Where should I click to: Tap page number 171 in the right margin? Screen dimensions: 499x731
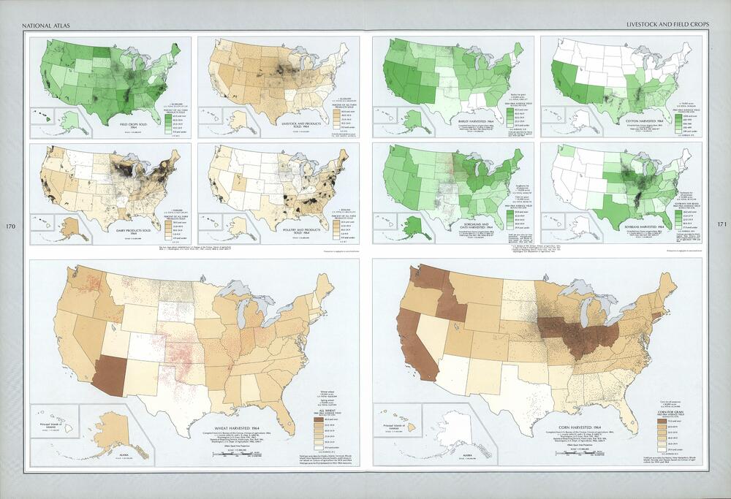[721, 226]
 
